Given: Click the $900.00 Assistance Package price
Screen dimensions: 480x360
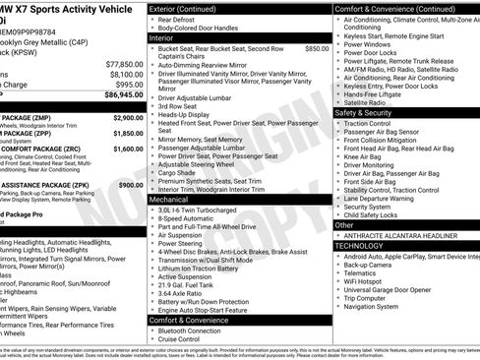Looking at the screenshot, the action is point(130,184).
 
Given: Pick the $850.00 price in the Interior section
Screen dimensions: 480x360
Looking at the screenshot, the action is point(317,47).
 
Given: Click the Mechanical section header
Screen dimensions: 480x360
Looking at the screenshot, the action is point(169,200).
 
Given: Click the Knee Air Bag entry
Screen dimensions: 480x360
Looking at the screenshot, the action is point(363,155).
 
